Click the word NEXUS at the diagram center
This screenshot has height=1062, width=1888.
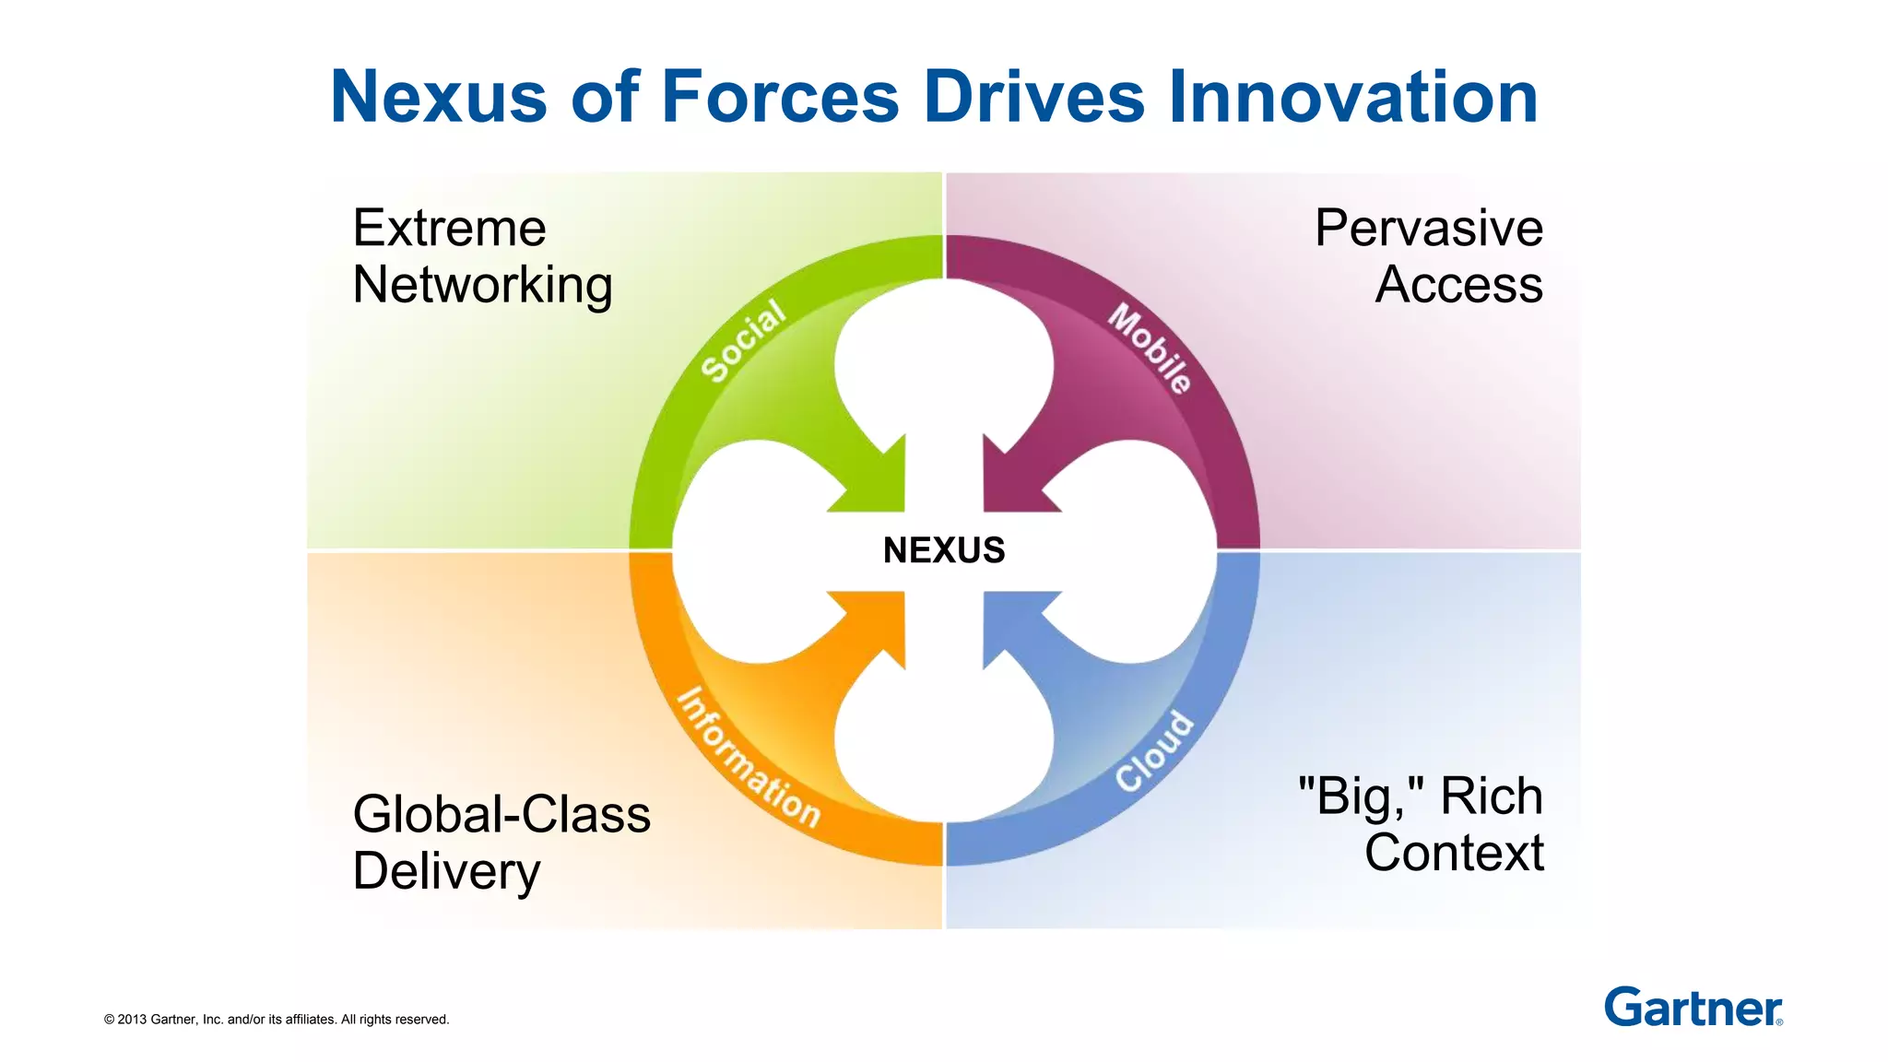click(943, 550)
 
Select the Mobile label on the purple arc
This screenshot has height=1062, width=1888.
click(1150, 348)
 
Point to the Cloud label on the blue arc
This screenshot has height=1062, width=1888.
click(1154, 751)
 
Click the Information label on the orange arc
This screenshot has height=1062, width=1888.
click(749, 759)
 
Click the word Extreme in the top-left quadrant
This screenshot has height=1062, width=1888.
click(449, 228)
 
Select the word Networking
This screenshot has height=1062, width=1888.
click(482, 285)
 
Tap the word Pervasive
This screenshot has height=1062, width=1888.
click(1428, 228)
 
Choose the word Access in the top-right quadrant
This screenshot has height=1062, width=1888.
click(1458, 285)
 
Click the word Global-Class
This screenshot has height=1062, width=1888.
click(501, 815)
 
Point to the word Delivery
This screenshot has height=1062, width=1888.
click(446, 872)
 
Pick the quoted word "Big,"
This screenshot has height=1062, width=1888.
click(1361, 796)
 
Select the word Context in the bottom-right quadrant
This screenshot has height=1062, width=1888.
click(1454, 853)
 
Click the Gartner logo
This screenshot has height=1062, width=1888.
click(1693, 1007)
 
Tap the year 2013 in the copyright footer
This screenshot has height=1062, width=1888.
click(132, 1020)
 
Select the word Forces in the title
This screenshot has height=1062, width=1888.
click(780, 97)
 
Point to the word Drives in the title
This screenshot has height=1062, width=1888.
click(1034, 97)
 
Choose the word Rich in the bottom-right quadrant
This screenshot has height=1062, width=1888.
click(1491, 796)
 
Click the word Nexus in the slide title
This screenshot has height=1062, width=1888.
click(438, 97)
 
